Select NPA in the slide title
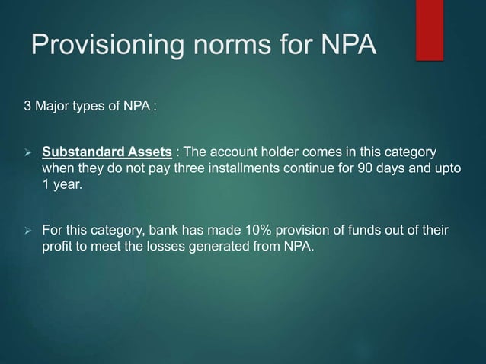[x=345, y=46]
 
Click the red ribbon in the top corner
[x=429, y=19]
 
